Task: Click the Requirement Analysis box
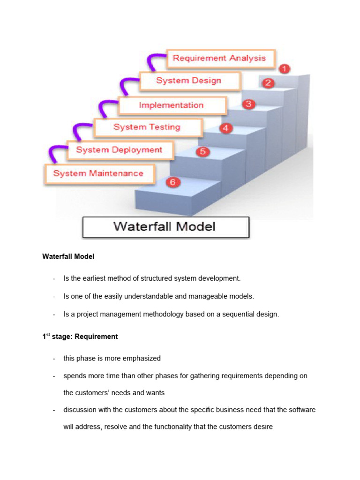point(219,58)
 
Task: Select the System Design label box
point(188,81)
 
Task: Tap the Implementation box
point(172,105)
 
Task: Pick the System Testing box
point(147,127)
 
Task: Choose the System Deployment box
point(119,150)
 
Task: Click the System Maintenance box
point(98,173)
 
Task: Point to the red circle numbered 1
point(284,69)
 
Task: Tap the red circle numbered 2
point(268,83)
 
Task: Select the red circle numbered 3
point(249,104)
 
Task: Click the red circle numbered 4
point(226,127)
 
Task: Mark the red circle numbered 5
point(202,151)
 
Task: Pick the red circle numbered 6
point(172,182)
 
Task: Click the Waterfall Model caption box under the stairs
point(165,227)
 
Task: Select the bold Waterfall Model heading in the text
point(68,256)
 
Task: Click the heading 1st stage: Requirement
point(80,337)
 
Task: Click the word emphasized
point(141,358)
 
